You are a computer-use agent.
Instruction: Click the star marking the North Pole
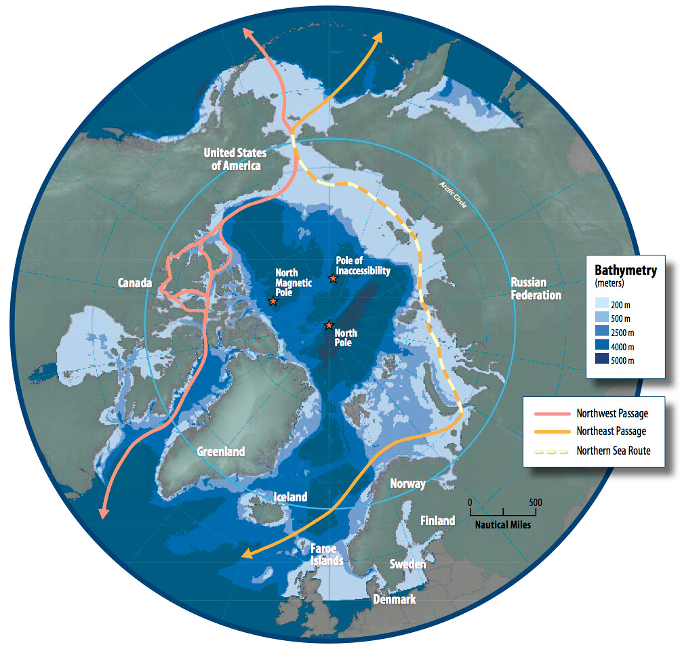pos(329,325)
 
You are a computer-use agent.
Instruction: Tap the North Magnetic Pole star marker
pos(273,301)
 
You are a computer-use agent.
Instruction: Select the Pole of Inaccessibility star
pos(333,278)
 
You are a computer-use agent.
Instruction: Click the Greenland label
pos(221,452)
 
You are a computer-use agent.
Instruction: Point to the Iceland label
pos(290,497)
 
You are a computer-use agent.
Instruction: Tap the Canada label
pos(135,283)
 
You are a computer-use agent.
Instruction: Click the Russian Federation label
pos(536,289)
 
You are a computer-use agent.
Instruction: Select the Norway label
pos(408,484)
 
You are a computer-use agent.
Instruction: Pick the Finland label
pos(437,521)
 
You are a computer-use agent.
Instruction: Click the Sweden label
pos(407,564)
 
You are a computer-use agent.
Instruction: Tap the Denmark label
pos(395,600)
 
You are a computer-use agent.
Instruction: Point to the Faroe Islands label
pos(327,555)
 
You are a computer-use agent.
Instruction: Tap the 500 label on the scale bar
pos(536,503)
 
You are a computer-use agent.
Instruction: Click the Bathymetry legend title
pos(625,270)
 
